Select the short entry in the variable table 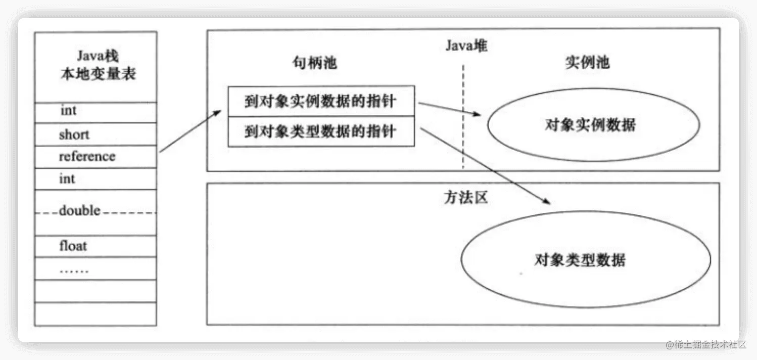click(74, 134)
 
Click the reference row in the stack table click(87, 156)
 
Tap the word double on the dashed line click(80, 210)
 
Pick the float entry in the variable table click(73, 246)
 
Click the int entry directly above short click(68, 111)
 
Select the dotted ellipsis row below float click(74, 269)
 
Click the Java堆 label click(466, 46)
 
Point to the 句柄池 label click(314, 63)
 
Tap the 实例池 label click(586, 63)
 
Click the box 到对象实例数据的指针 click(321, 102)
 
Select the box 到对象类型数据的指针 click(321, 131)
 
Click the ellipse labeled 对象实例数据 click(592, 125)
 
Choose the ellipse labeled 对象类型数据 click(585, 260)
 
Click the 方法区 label click(465, 198)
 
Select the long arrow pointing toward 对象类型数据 click(485, 166)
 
